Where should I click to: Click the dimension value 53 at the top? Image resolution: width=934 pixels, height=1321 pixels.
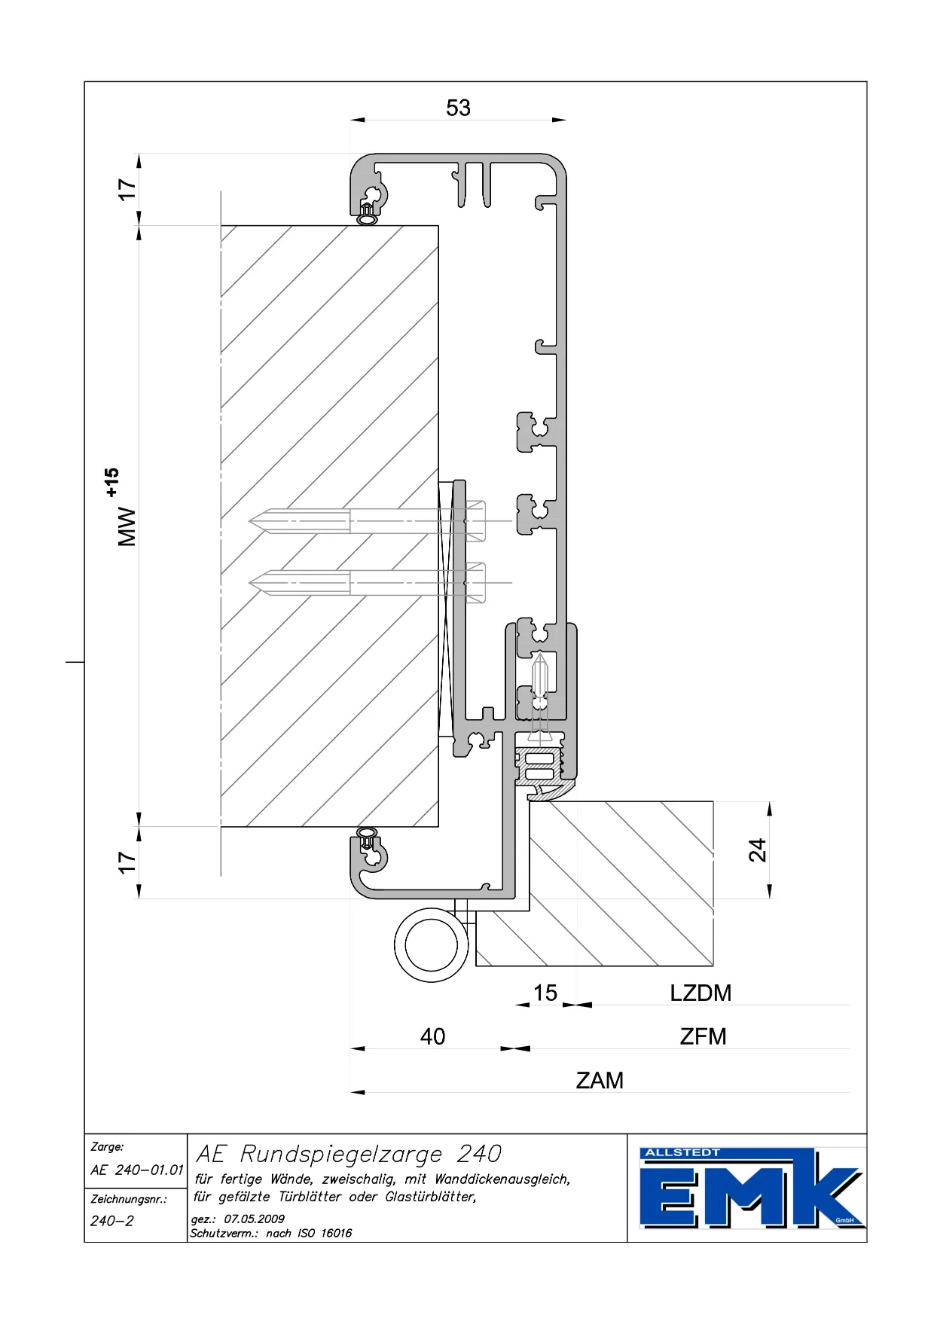pos(458,108)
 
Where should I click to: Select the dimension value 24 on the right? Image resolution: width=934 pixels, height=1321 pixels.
pos(757,850)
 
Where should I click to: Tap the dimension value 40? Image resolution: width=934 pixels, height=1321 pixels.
pos(432,1036)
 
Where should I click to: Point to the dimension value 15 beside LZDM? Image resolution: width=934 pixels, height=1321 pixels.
pos(545,993)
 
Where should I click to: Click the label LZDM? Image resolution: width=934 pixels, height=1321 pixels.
pos(700,993)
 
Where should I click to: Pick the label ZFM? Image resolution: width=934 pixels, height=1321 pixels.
pos(703,1036)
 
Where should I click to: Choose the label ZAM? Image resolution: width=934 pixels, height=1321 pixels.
pos(600,1080)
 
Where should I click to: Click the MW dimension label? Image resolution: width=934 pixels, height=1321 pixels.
pos(127,526)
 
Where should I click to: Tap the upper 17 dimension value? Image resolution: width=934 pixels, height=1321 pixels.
pos(127,189)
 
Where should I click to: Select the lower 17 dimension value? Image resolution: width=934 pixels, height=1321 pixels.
pos(127,862)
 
